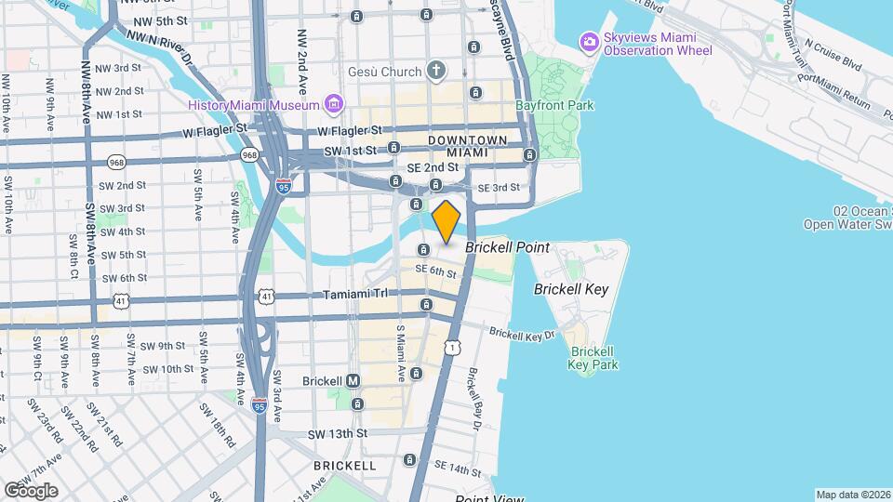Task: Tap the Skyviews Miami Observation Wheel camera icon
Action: pyautogui.click(x=588, y=42)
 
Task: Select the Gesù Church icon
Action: pyautogui.click(x=437, y=72)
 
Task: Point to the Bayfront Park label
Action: pyautogui.click(x=554, y=106)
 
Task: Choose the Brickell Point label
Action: pyautogui.click(x=508, y=248)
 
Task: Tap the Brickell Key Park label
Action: pyautogui.click(x=593, y=358)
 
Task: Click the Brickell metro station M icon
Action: pyautogui.click(x=353, y=381)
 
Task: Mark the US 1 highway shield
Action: pyautogui.click(x=451, y=346)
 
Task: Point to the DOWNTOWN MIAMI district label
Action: pyautogui.click(x=468, y=146)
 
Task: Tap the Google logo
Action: pyautogui.click(x=30, y=490)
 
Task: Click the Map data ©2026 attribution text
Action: pyautogui.click(x=852, y=495)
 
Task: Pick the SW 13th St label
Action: pyautogui.click(x=338, y=433)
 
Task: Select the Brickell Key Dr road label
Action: pyautogui.click(x=522, y=333)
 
